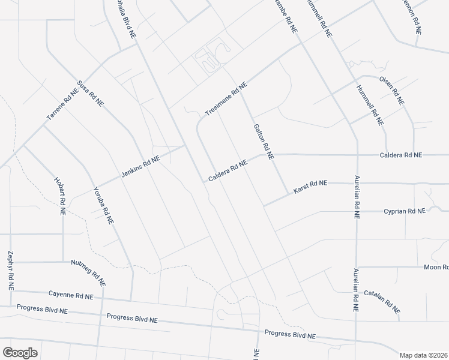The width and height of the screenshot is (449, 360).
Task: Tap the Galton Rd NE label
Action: click(264, 142)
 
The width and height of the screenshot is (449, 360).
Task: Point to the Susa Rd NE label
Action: click(91, 94)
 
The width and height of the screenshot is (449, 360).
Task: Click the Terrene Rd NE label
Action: click(63, 107)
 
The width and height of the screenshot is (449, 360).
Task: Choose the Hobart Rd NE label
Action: click(59, 196)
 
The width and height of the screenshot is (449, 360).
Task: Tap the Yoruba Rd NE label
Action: click(103, 205)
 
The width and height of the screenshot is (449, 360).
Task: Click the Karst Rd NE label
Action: click(310, 187)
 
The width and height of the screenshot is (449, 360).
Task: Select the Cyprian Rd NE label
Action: click(405, 211)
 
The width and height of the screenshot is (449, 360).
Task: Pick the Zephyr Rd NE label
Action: click(11, 271)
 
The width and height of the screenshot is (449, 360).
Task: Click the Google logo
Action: click(19, 353)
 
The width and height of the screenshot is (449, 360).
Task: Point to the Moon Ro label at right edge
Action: click(436, 267)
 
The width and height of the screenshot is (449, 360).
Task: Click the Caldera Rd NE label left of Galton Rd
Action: click(228, 172)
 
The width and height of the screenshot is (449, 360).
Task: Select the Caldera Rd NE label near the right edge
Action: click(401, 155)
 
